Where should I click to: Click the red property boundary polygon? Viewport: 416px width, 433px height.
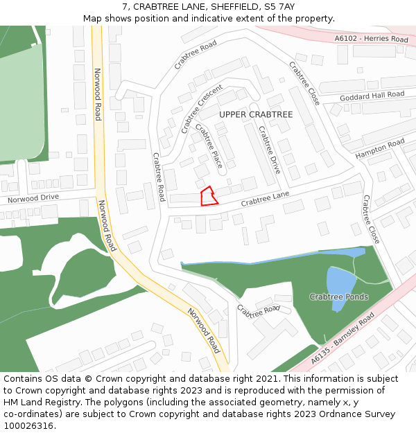tap(208, 197)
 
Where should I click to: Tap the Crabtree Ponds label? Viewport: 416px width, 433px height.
tap(339, 297)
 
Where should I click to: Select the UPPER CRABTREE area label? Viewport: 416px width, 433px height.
tap(256, 114)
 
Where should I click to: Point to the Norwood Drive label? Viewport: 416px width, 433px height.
tap(33, 199)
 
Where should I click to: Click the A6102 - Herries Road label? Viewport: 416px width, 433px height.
tap(371, 39)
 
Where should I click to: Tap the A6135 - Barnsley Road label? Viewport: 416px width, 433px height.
tap(343, 339)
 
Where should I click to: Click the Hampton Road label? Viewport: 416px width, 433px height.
tap(380, 149)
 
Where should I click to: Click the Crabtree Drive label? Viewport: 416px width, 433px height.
tap(269, 150)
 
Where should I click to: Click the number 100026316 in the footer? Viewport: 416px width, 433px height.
tap(29, 426)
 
